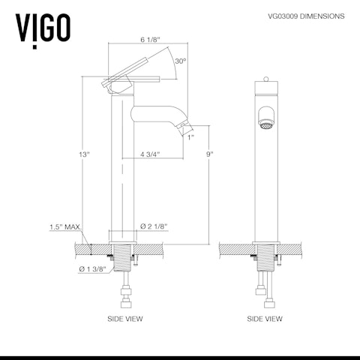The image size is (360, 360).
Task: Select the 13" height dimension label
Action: point(84,154)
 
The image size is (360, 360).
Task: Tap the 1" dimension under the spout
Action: point(190,137)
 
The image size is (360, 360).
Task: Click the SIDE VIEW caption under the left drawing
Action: point(125,319)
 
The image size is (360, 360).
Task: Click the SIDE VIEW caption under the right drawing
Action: point(265,319)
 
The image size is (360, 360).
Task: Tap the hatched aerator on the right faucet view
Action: point(265,118)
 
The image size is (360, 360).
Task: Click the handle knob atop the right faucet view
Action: point(265,80)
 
